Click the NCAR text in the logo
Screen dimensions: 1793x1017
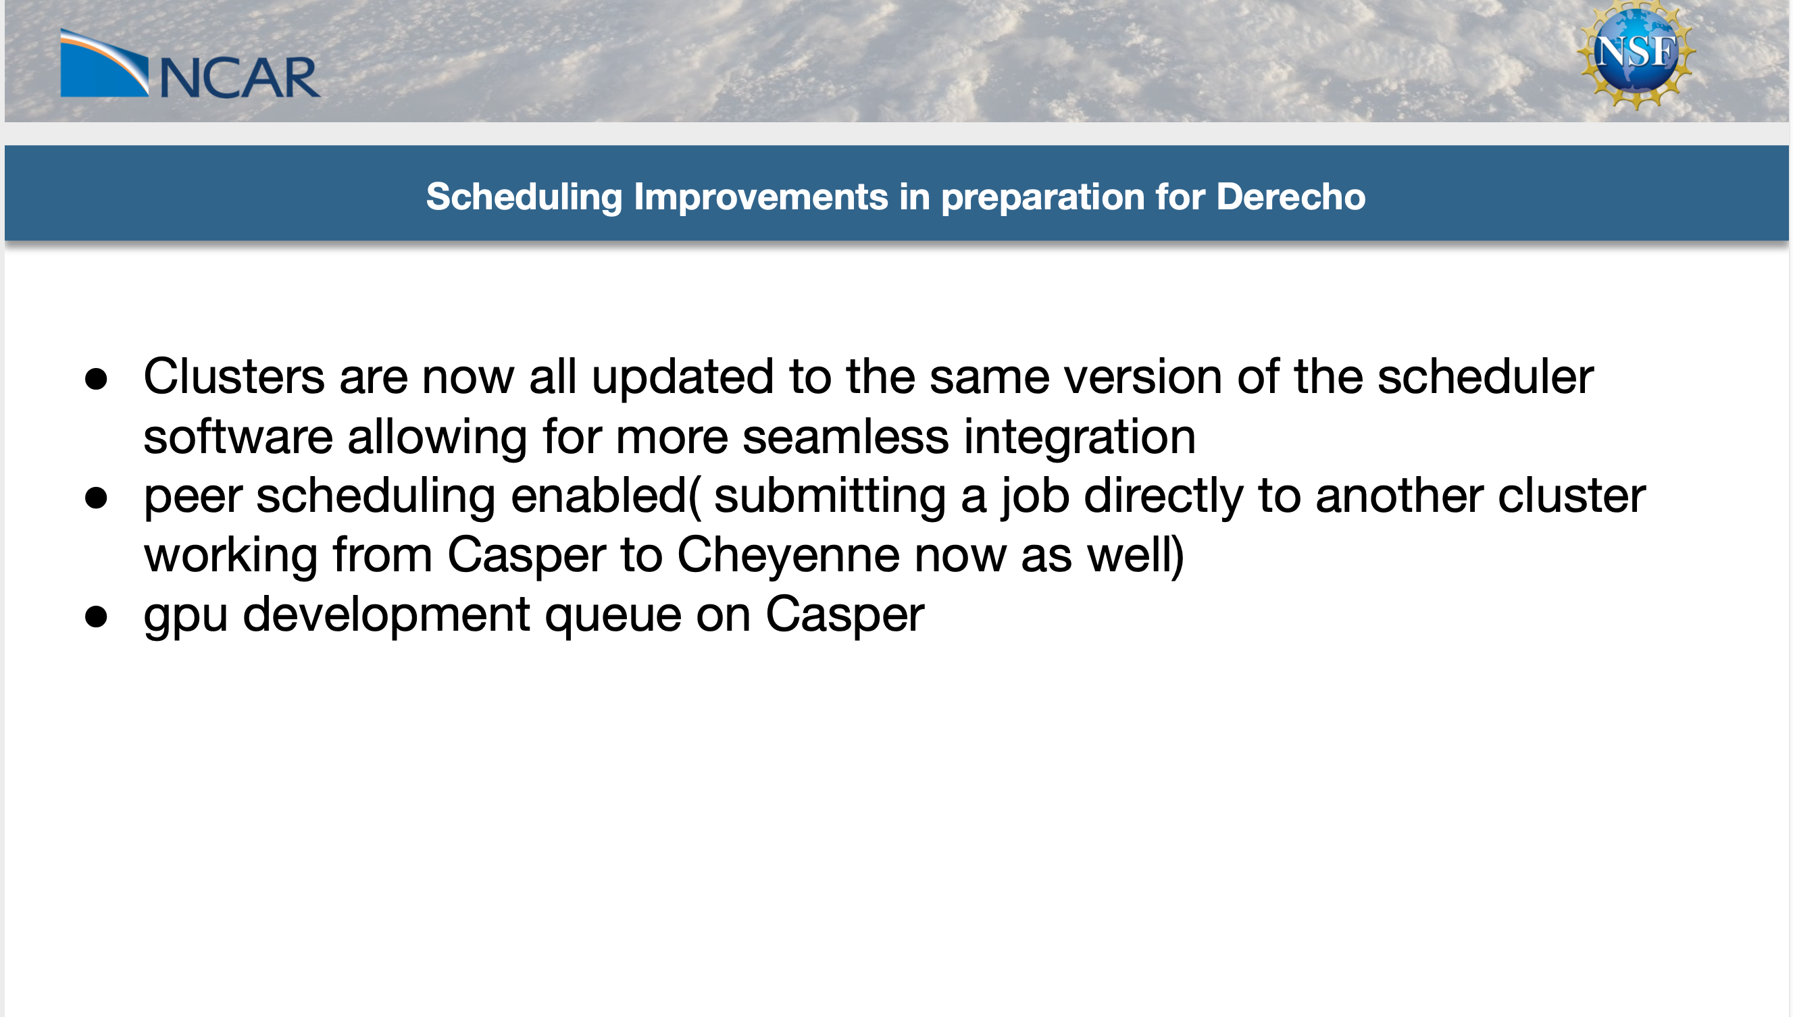[x=241, y=78]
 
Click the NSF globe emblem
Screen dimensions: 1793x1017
[x=1636, y=55]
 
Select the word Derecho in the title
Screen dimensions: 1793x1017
[x=1290, y=197]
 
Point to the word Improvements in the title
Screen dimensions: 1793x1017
[x=759, y=197]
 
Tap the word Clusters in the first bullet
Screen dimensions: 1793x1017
[x=234, y=377]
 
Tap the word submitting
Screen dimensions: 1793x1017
[x=830, y=496]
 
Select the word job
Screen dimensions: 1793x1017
[x=1034, y=496]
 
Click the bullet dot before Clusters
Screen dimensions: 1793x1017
[x=96, y=379]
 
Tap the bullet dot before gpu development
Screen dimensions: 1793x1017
[x=96, y=617]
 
